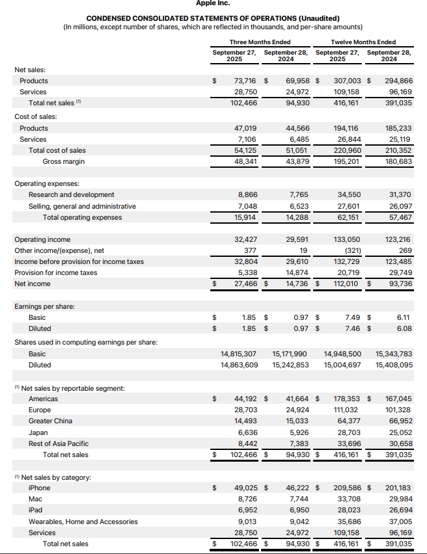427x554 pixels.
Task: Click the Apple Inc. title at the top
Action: tap(213, 3)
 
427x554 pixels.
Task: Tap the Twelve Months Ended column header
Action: tap(364, 42)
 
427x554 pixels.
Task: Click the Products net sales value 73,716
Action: tap(245, 81)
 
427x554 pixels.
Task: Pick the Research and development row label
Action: tap(71, 194)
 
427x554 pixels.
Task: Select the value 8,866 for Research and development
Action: tap(247, 194)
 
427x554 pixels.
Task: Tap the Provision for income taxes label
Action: tap(55, 272)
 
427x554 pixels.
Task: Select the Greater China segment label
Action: tap(50, 421)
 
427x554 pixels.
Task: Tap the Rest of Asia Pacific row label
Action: tap(59, 443)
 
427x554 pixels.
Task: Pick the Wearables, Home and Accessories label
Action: tap(83, 521)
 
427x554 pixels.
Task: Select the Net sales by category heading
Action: tap(55, 477)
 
